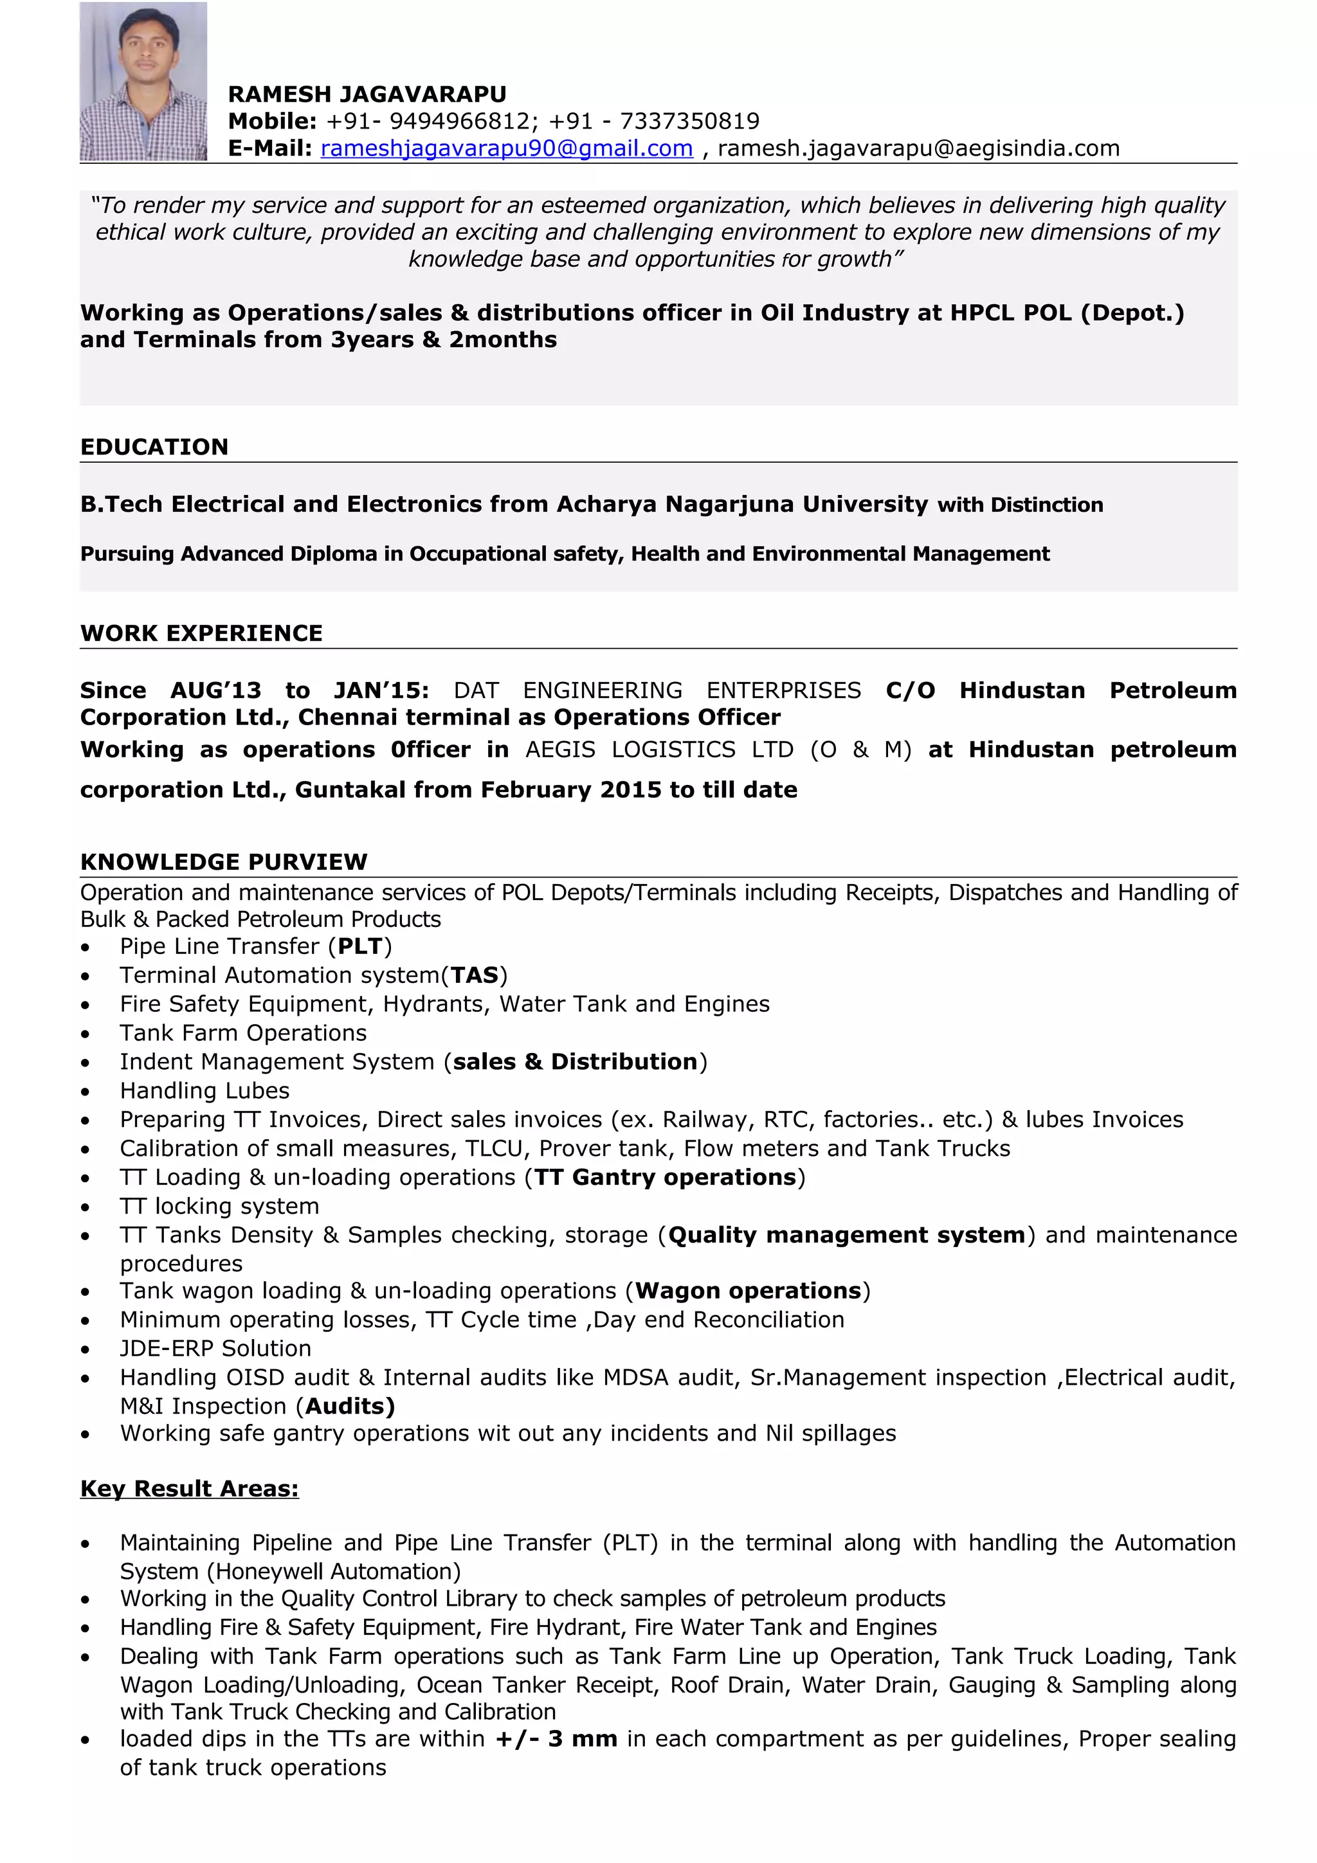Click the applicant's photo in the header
143,81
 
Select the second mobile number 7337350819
690,121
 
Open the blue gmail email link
506,148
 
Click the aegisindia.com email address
918,148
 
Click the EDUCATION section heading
154,447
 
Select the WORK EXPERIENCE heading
201,633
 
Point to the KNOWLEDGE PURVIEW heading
224,861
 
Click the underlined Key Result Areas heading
189,1489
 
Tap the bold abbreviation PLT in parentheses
360,947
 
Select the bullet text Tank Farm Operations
244,1033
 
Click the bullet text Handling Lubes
204,1090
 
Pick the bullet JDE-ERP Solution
216,1349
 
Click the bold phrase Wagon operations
747,1291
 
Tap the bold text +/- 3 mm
557,1739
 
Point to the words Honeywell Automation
334,1572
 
